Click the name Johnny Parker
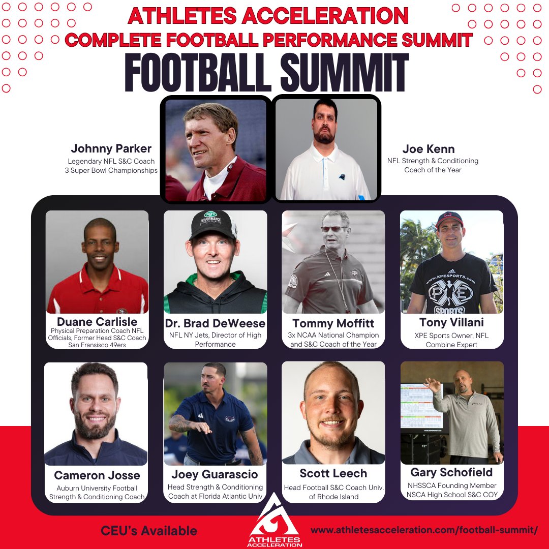click(x=111, y=149)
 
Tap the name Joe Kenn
click(x=429, y=149)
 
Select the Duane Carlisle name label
click(x=97, y=321)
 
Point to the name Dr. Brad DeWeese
click(x=216, y=324)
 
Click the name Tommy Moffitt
click(x=333, y=323)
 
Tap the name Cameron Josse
click(x=97, y=475)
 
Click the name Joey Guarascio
click(x=215, y=474)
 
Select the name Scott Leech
click(x=333, y=474)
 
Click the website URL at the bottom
click(x=424, y=530)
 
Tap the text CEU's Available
click(x=149, y=531)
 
